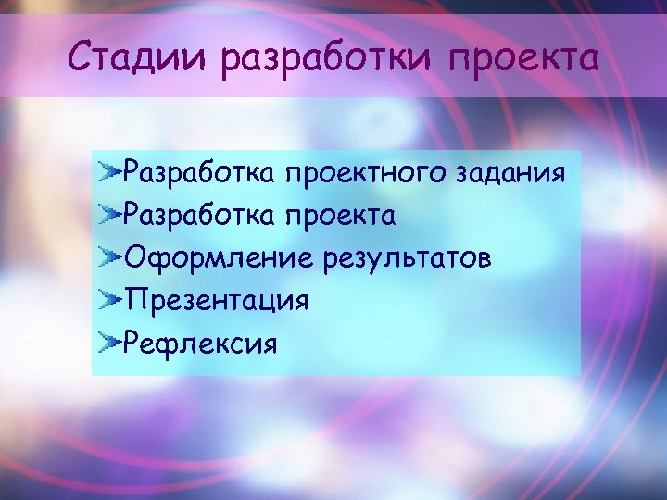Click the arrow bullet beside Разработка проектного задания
pos(110,171)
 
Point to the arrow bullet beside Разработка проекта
pos(110,215)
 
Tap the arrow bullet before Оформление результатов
pos(110,257)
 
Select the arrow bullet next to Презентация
pos(110,301)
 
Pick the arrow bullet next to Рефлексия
pos(110,344)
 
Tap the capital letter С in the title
pos(82,59)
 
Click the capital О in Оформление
pos(135,257)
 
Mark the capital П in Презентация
pos(135,301)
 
